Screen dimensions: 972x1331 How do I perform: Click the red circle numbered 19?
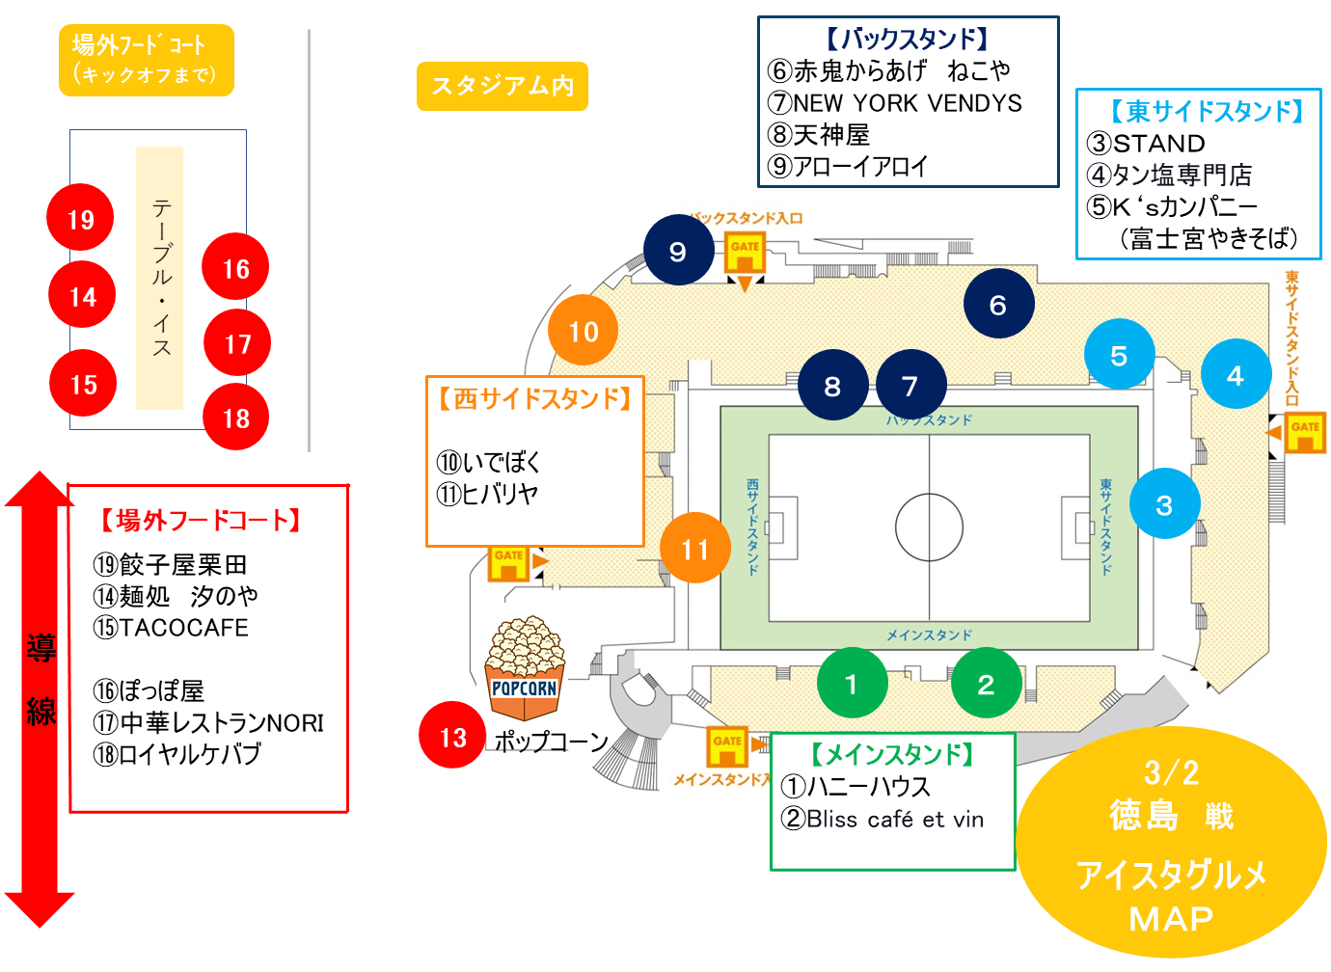click(80, 218)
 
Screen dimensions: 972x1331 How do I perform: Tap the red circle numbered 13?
click(452, 736)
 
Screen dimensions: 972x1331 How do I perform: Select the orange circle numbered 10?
click(583, 331)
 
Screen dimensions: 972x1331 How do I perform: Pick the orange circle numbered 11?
click(694, 549)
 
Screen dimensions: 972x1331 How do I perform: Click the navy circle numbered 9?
click(678, 251)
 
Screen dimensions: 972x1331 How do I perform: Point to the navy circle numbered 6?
click(998, 305)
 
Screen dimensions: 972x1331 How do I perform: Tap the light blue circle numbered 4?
click(1235, 375)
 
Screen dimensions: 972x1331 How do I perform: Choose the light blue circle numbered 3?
click(1164, 504)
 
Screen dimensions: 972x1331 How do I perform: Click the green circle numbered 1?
click(851, 684)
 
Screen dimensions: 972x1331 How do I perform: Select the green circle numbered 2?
click(986, 684)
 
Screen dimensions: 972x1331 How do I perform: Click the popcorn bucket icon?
click(525, 669)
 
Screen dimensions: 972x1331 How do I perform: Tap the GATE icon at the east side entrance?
click(1305, 431)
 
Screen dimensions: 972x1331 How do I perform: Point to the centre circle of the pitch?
click(929, 527)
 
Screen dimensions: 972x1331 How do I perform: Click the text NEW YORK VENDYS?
click(908, 103)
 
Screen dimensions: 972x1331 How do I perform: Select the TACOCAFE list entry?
click(183, 628)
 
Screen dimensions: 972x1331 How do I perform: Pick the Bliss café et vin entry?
click(895, 820)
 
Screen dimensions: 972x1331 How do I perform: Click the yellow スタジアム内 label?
click(503, 86)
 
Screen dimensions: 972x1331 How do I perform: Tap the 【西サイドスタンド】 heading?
click(535, 399)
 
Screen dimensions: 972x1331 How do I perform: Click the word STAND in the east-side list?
click(1158, 144)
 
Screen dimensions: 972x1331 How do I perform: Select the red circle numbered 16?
click(235, 267)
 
